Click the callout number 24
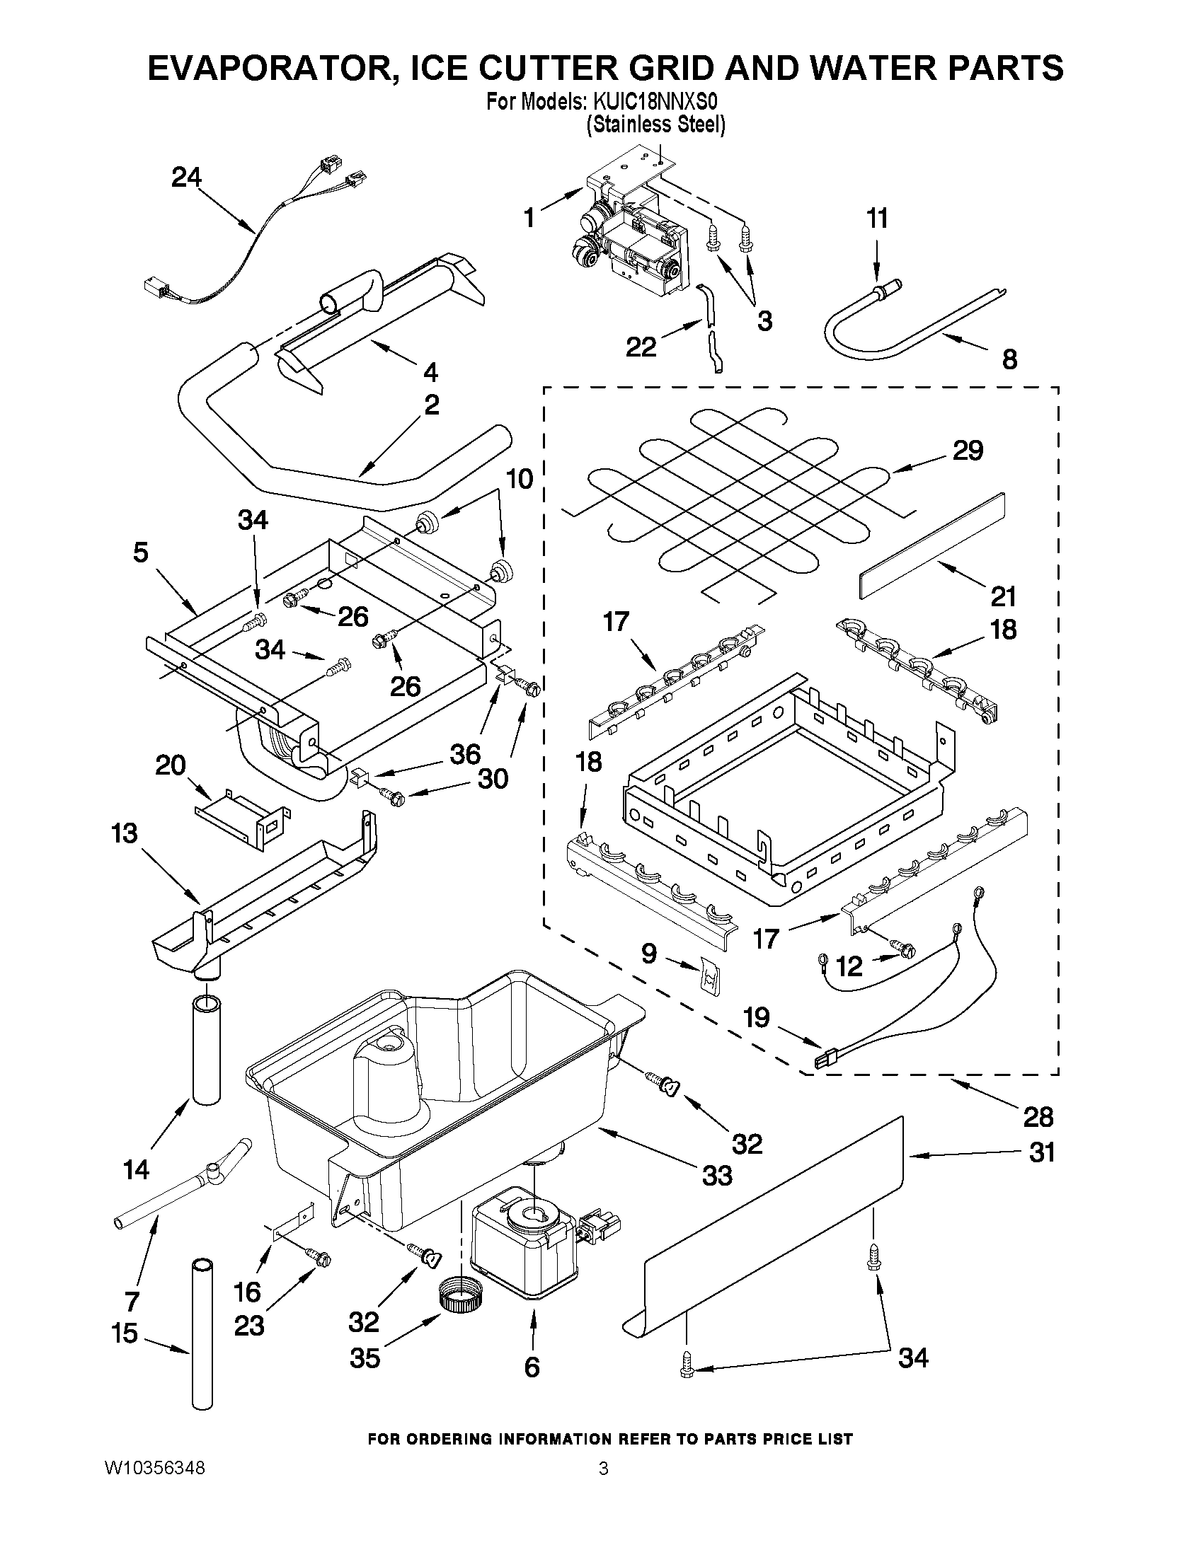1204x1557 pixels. tap(186, 177)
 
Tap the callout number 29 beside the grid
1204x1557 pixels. tap(967, 451)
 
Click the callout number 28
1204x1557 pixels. tap(1038, 1117)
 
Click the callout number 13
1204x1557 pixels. tap(124, 833)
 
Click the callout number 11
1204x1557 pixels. tap(877, 218)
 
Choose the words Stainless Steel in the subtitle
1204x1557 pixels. tap(655, 125)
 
